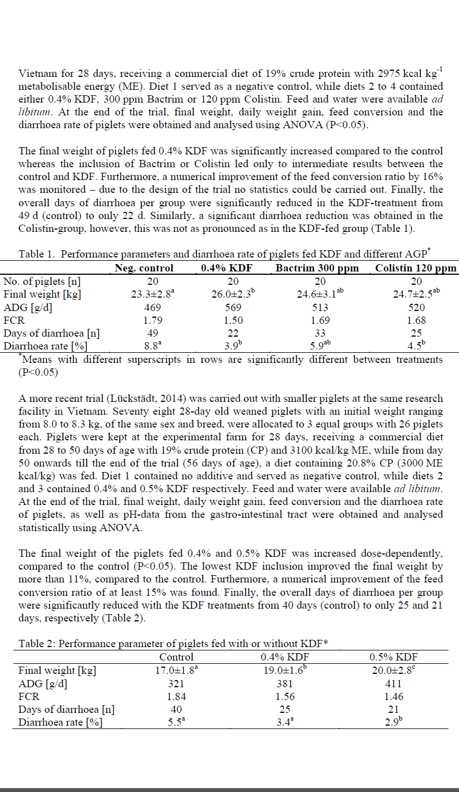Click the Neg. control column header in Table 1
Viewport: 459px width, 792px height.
point(144,268)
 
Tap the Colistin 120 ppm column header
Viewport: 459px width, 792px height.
point(416,268)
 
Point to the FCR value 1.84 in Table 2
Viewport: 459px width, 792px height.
point(177,697)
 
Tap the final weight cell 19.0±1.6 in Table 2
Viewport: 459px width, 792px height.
point(284,670)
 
